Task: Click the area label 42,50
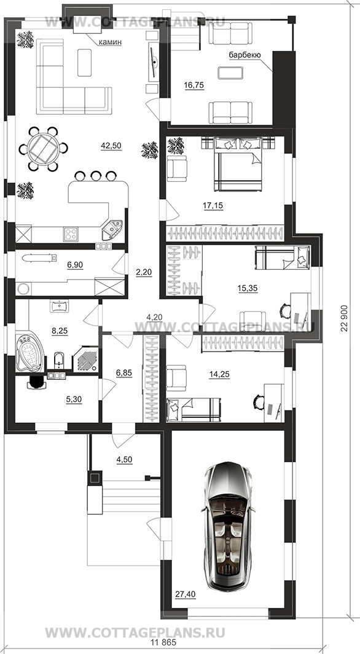[x=111, y=146]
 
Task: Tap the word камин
[x=110, y=42]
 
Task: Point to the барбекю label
[x=245, y=55]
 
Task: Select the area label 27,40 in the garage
[x=186, y=594]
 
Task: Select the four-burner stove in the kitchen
[x=71, y=234]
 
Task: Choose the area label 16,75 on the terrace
[x=194, y=85]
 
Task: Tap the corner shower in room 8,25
[x=85, y=358]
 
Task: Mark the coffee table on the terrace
[x=230, y=73]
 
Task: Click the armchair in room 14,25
[x=176, y=378]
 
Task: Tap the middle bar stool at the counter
[x=96, y=175]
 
